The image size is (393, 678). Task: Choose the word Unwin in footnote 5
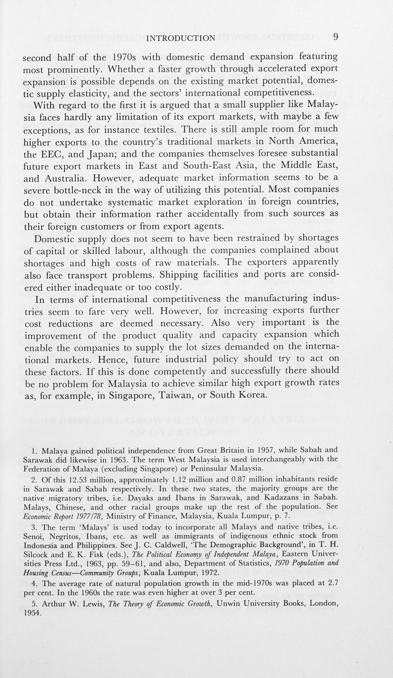pyautogui.click(x=229, y=603)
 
